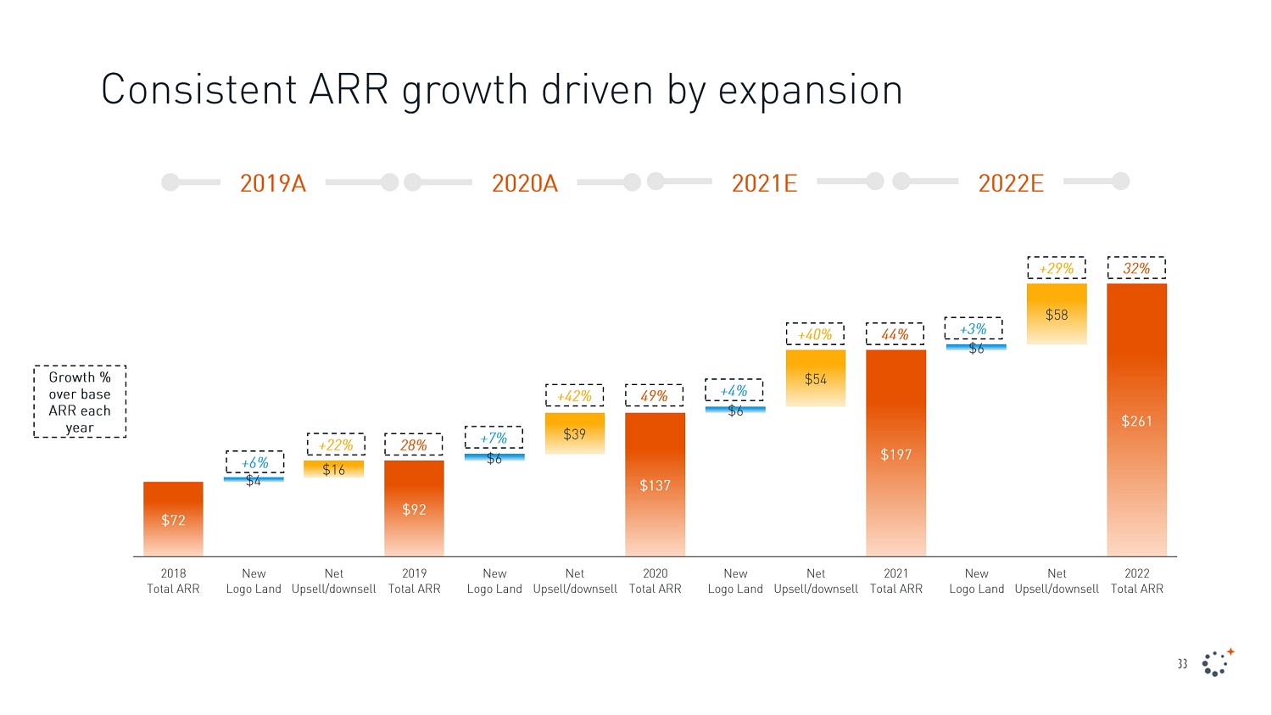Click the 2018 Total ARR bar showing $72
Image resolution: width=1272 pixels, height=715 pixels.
(x=173, y=519)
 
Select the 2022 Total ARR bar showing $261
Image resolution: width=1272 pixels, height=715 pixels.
(x=1136, y=420)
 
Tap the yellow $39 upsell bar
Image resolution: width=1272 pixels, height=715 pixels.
(x=574, y=433)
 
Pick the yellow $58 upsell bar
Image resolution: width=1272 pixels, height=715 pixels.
(x=1057, y=314)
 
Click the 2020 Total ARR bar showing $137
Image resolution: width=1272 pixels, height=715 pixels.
(x=655, y=484)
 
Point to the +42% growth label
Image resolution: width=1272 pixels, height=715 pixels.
(x=574, y=396)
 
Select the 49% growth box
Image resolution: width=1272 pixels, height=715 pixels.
(x=654, y=396)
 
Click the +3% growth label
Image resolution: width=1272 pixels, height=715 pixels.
(x=973, y=329)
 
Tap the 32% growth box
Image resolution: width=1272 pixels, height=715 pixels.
(x=1136, y=269)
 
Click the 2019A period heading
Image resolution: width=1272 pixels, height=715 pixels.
(x=272, y=183)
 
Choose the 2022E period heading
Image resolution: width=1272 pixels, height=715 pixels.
(x=1011, y=183)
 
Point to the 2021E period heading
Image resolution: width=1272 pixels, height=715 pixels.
(x=764, y=183)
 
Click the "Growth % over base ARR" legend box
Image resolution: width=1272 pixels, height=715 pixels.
(x=80, y=402)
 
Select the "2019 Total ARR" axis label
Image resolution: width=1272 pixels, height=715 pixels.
(x=414, y=581)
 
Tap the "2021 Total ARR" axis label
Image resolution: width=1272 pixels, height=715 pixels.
(x=895, y=581)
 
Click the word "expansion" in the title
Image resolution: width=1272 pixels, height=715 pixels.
(x=810, y=90)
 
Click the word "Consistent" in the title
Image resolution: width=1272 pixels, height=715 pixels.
(x=199, y=90)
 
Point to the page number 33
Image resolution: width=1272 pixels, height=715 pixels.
(x=1182, y=664)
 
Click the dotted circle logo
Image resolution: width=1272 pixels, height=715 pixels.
(x=1217, y=662)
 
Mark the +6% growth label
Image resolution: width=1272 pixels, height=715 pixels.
(x=254, y=463)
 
